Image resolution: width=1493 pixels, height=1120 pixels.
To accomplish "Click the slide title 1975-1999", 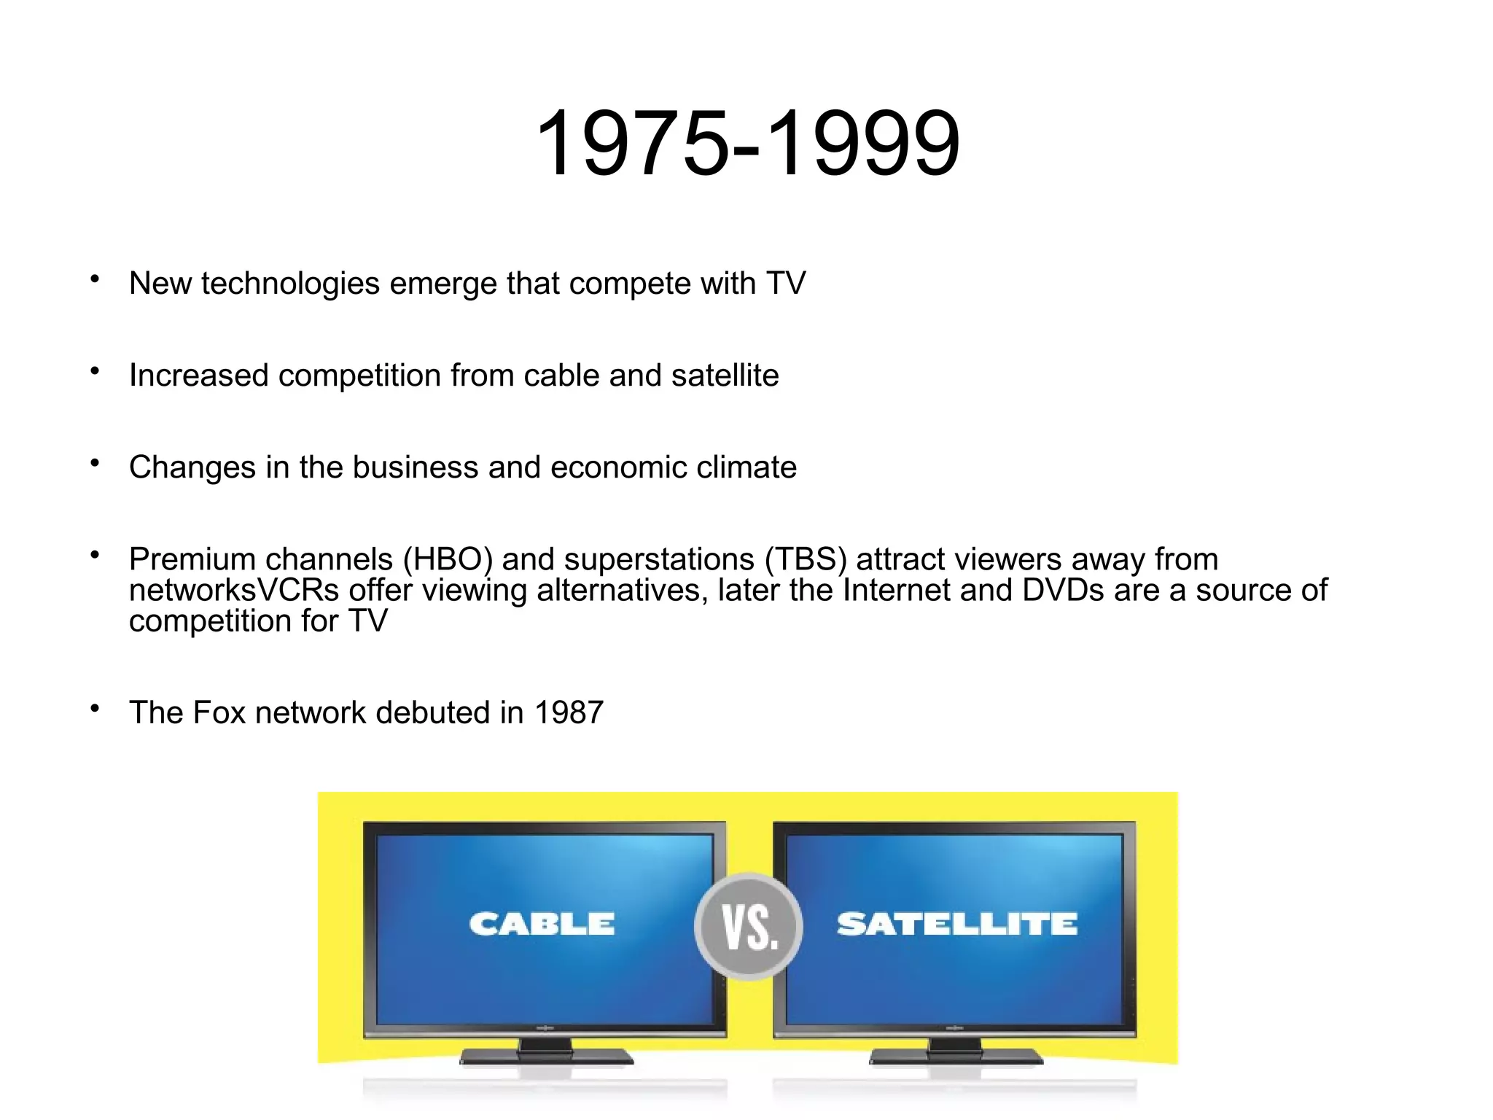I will [747, 143].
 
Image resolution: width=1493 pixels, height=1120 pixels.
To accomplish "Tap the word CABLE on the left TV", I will [542, 924].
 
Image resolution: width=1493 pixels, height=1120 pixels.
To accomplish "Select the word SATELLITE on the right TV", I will [956, 924].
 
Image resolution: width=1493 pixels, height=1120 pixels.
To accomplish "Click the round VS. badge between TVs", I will [749, 927].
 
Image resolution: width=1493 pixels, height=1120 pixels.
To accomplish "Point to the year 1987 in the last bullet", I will [569, 712].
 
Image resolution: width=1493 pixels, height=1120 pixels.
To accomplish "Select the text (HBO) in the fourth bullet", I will [448, 559].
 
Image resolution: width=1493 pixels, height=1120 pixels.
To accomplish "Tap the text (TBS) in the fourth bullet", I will [806, 559].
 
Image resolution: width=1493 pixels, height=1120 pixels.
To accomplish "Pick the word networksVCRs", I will [234, 591].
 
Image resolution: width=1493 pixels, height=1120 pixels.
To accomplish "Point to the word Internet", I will [896, 591].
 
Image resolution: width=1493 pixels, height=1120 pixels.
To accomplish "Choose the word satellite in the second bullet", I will [725, 376].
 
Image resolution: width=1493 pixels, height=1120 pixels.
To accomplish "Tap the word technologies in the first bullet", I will [290, 284].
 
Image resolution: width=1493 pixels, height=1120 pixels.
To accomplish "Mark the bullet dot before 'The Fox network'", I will [95, 708].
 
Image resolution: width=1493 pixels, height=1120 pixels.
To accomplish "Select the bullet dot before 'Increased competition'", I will [95, 371].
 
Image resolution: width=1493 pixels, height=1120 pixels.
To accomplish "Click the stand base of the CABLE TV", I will [546, 1057].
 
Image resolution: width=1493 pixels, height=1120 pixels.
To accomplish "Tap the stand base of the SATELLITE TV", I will [956, 1057].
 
